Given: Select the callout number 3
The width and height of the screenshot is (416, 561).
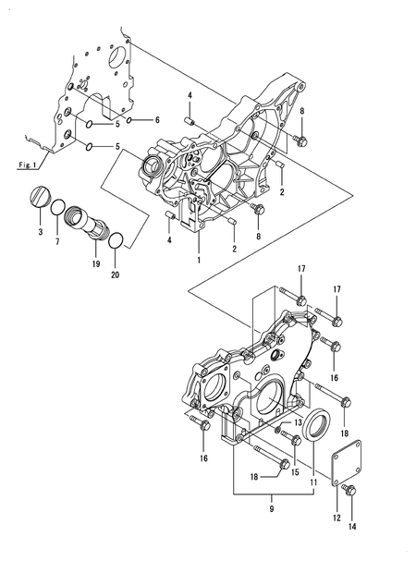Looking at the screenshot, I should point(39,234).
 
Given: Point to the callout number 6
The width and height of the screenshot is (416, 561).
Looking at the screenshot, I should point(157,121).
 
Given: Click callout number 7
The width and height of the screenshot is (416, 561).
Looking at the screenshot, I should point(57,242).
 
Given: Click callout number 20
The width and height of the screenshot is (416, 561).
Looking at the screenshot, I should point(115,274).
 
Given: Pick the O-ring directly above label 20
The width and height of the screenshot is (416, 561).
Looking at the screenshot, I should point(116,242).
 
